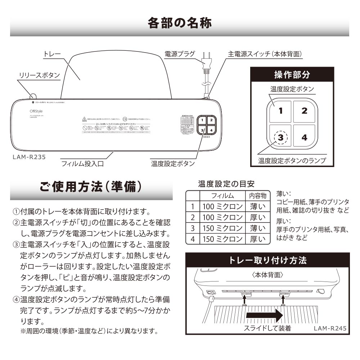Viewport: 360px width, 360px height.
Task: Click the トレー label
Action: coord(52,54)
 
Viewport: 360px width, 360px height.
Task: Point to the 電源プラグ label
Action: coord(179,54)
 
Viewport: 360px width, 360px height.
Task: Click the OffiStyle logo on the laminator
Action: coord(36,111)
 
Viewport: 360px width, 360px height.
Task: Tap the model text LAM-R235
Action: coord(29,157)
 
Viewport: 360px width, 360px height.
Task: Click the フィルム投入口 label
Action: coord(82,163)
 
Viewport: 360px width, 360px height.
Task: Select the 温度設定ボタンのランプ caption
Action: coord(292,161)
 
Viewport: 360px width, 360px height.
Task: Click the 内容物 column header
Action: coord(257,195)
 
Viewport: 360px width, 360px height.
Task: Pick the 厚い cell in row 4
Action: coord(257,239)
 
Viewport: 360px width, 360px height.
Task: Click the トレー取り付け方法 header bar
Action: coord(267,260)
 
